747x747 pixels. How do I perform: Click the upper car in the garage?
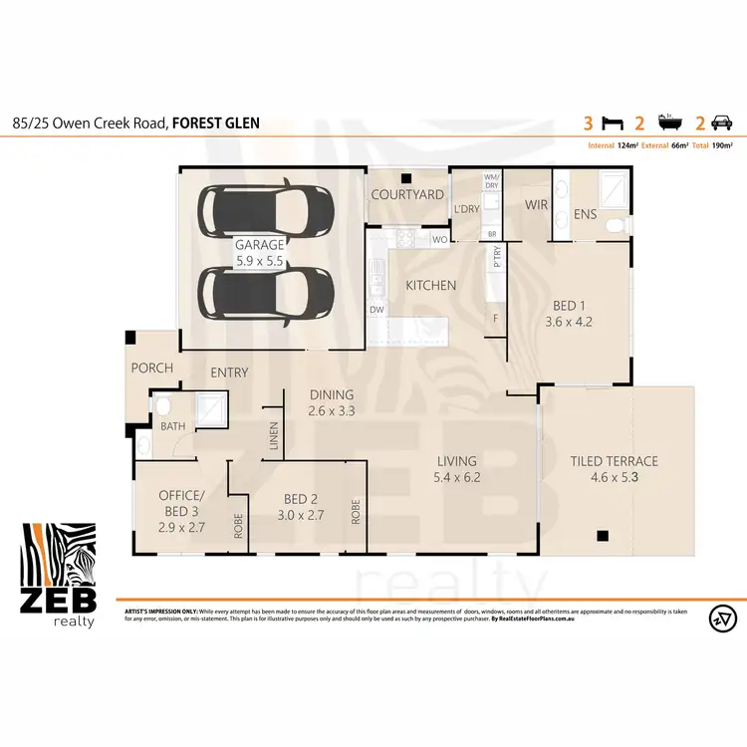click(266, 209)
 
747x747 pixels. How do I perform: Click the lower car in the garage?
click(266, 294)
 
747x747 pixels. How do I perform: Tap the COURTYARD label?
click(406, 194)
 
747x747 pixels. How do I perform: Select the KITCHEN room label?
click(429, 286)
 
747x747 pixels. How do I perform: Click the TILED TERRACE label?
click(614, 461)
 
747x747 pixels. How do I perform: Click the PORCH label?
click(151, 368)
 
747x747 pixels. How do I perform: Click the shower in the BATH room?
click(210, 408)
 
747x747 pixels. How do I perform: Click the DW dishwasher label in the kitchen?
click(377, 311)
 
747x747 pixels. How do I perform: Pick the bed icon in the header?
click(614, 124)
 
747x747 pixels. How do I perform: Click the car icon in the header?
click(721, 124)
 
